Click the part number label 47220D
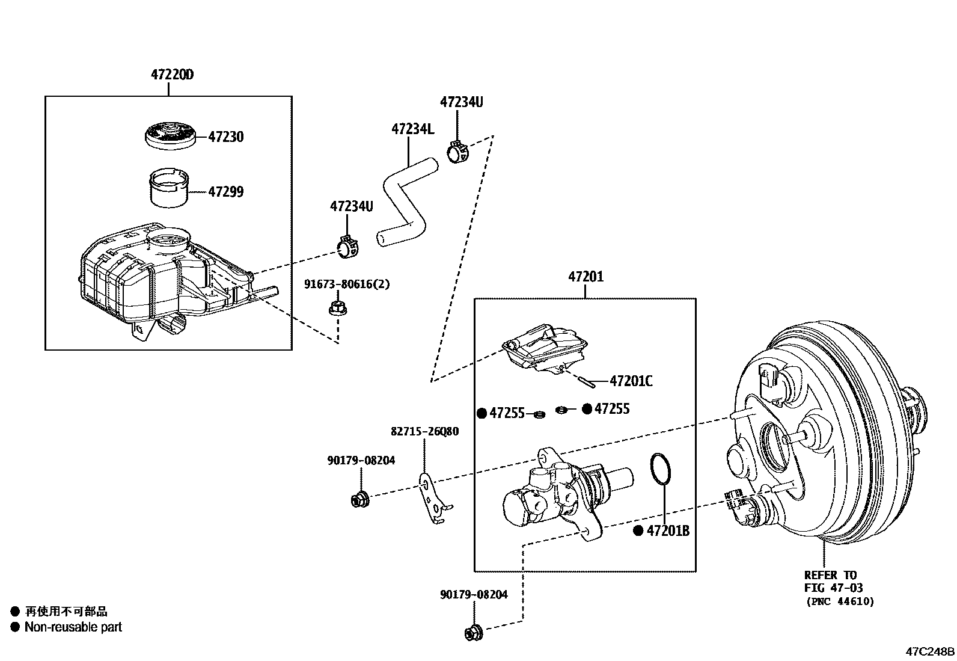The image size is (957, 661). coord(173,75)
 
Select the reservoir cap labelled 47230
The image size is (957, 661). coord(172,137)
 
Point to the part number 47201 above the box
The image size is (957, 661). coord(586,277)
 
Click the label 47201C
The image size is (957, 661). coord(631,381)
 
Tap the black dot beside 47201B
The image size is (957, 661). coord(639,531)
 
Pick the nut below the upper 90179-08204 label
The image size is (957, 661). coord(359,499)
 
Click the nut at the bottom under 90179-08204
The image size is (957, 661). coord(474,632)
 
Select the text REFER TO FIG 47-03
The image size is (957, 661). coord(834,581)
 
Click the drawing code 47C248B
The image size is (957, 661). coord(930,652)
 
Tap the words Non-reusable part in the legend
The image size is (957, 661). coord(73,627)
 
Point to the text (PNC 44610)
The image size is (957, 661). coord(839,601)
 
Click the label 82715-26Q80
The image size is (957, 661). coord(424,431)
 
